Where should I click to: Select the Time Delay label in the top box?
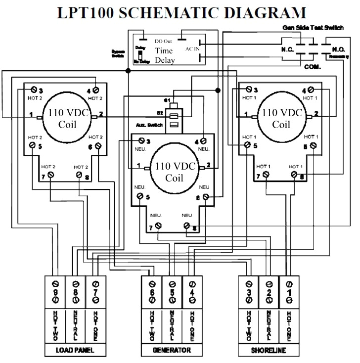coord(164,55)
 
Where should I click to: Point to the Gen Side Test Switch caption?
coord(313,28)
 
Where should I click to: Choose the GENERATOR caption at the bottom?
coord(172,350)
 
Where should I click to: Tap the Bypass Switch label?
coord(118,53)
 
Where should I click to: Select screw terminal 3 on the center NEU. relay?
coord(142,141)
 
